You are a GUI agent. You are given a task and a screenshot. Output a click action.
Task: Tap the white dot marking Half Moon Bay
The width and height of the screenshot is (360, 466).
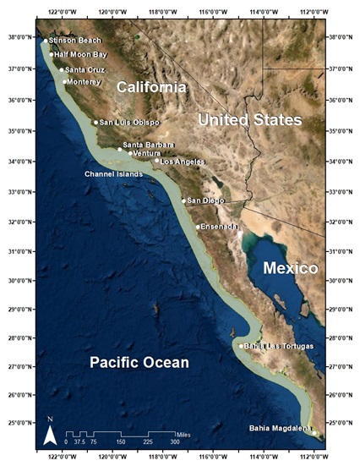tap(52, 54)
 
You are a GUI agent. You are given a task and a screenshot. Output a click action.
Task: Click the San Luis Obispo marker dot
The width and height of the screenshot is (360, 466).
tap(95, 123)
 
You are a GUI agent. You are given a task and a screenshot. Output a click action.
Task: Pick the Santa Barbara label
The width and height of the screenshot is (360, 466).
tap(149, 145)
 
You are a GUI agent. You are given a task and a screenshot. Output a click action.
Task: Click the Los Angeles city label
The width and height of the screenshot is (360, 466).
tap(183, 161)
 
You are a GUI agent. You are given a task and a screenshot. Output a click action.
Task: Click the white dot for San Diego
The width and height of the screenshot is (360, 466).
tap(183, 200)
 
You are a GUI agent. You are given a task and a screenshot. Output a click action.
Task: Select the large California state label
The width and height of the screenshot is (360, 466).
tap(151, 87)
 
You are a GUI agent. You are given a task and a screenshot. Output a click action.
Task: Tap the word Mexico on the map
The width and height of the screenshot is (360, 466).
tap(289, 268)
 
